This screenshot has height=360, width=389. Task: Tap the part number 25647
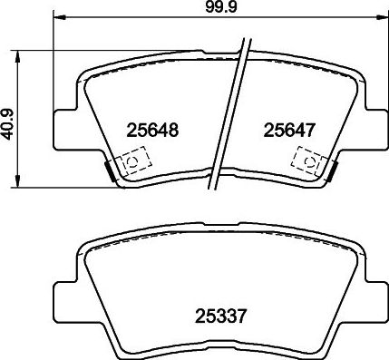(288, 131)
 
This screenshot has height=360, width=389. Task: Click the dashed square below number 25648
(132, 162)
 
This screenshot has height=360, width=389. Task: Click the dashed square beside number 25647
(308, 161)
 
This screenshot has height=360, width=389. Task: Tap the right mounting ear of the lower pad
(366, 292)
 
